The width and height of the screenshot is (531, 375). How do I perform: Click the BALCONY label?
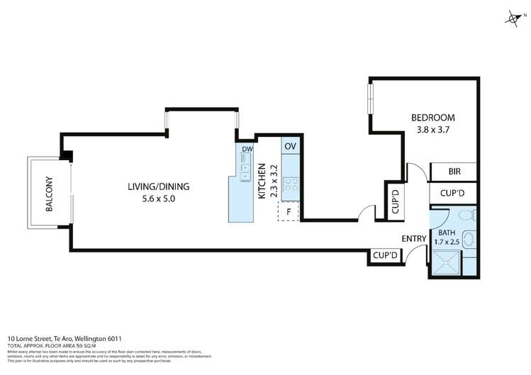49,194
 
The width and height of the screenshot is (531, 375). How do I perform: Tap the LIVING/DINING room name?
158,187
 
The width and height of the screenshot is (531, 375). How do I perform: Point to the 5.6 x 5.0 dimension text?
158,199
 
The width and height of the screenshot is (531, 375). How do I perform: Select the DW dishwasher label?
247,150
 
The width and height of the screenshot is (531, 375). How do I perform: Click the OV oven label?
290,146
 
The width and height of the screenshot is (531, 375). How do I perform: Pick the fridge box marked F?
289,211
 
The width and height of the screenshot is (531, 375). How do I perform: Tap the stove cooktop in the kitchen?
291,186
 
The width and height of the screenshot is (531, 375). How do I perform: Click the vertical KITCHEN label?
262,180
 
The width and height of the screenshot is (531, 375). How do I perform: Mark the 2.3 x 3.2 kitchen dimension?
272,180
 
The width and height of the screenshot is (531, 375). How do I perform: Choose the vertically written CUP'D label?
395,201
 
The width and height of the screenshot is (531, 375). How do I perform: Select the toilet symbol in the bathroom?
465,215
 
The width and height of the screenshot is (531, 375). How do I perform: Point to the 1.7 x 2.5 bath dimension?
448,242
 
